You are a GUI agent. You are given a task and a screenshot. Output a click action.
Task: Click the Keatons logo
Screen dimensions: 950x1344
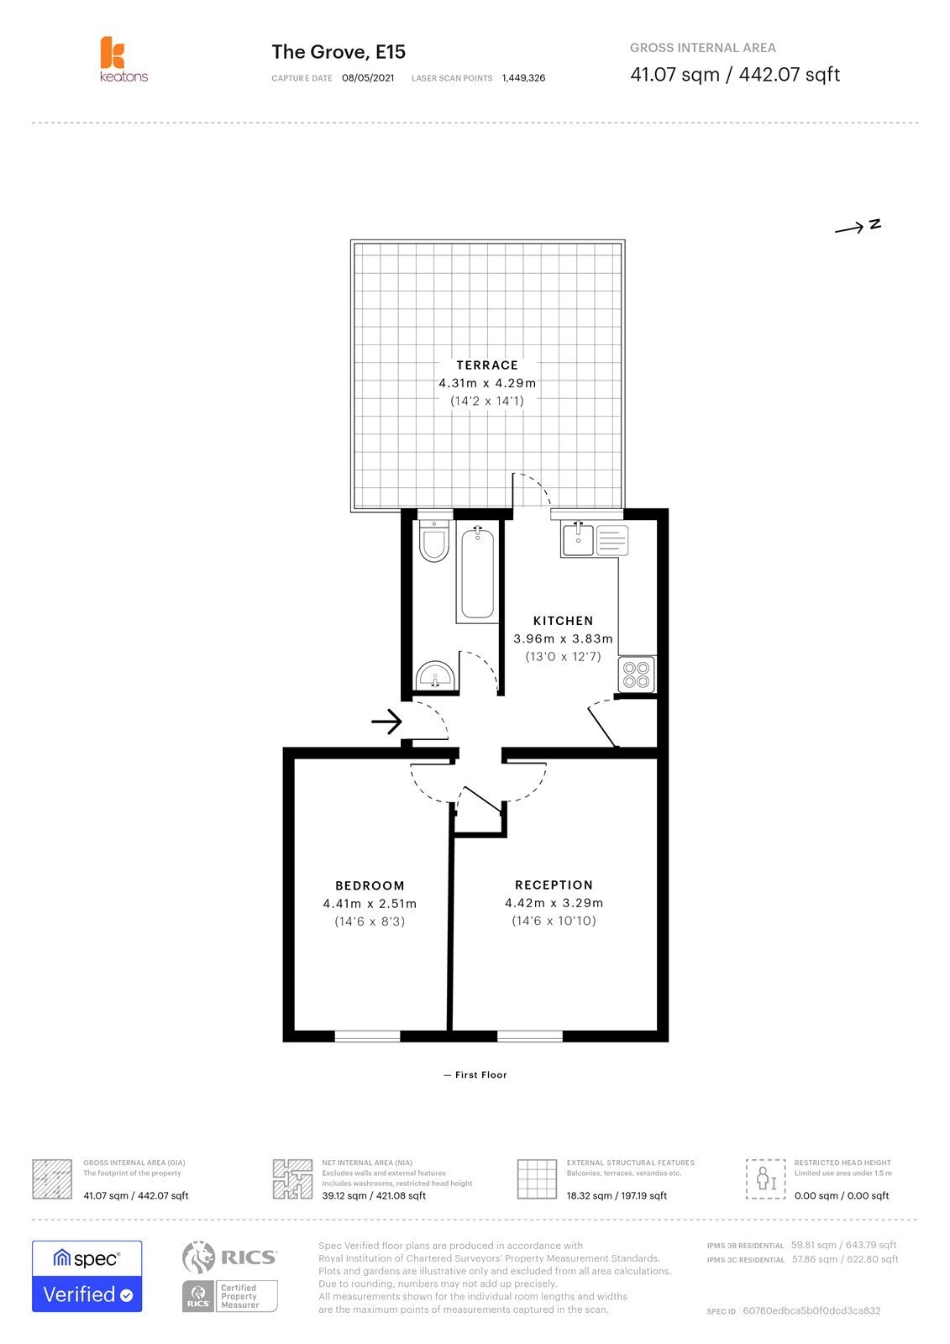click(x=123, y=59)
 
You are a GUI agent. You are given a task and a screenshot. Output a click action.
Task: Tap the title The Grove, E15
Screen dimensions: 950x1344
click(x=339, y=52)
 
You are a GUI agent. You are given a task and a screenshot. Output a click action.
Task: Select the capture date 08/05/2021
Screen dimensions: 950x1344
click(x=368, y=78)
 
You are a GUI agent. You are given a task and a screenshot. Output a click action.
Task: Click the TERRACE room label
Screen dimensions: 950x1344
click(x=486, y=365)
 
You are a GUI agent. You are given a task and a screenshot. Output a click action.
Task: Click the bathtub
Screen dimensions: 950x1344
click(x=477, y=572)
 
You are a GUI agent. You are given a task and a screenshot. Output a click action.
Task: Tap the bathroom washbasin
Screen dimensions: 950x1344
click(x=435, y=675)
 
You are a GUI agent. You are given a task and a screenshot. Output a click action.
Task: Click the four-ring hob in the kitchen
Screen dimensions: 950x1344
click(x=636, y=675)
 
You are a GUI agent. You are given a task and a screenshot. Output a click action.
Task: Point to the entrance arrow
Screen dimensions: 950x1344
click(x=386, y=722)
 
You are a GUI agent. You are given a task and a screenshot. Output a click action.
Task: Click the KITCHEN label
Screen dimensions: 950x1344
click(x=563, y=621)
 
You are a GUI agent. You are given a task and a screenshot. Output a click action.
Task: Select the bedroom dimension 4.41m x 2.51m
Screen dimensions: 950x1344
click(x=370, y=904)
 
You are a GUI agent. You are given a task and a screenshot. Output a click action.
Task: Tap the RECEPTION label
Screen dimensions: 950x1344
click(x=554, y=885)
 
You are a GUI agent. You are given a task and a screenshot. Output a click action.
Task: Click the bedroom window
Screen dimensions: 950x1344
click(x=367, y=1037)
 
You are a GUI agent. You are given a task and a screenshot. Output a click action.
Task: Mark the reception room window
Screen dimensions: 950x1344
click(x=530, y=1037)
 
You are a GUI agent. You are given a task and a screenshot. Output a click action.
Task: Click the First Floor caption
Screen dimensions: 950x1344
click(x=480, y=1074)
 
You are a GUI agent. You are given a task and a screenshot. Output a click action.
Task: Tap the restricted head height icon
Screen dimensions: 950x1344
click(x=766, y=1179)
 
